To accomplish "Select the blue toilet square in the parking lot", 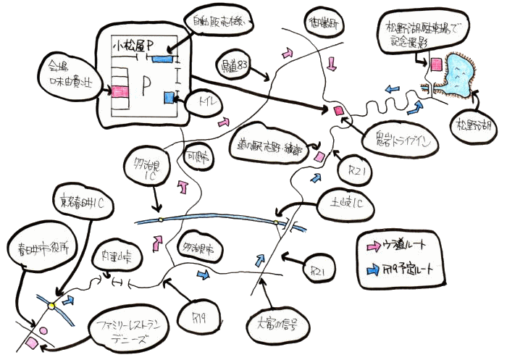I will coord(170,98).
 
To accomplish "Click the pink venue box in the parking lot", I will coord(119,91).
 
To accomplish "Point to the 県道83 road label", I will coord(235,67).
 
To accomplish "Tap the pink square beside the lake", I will coord(436,64).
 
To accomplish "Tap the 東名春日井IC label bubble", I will coord(83,203).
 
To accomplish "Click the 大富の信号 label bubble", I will coord(282,319).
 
